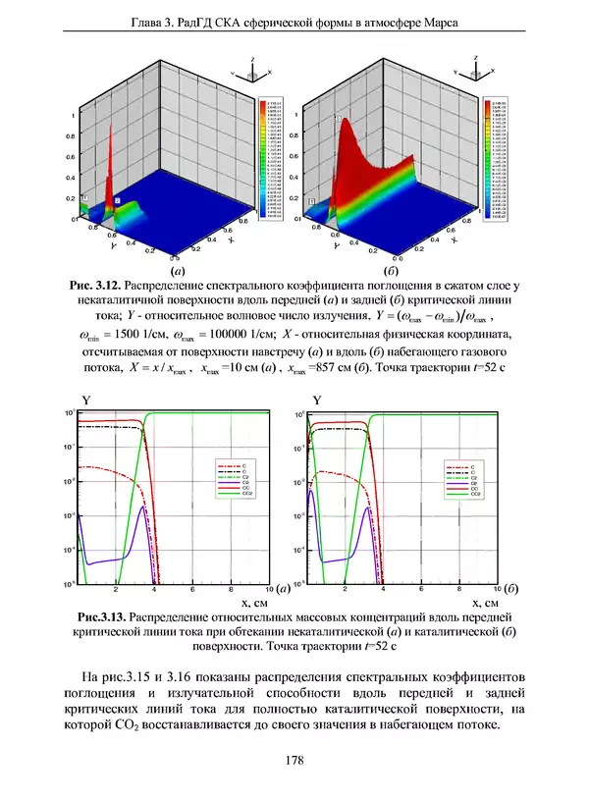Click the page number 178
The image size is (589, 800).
click(x=294, y=759)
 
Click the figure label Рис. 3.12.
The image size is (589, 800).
click(x=95, y=285)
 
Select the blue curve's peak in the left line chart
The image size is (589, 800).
click(x=145, y=507)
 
